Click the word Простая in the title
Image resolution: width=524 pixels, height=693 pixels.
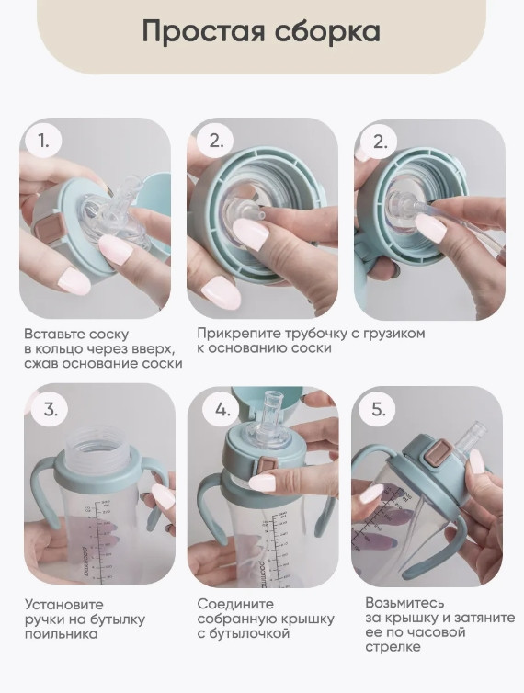click(x=202, y=32)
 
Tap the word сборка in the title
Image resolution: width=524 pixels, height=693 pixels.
click(x=327, y=31)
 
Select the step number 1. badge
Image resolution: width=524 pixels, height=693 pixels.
click(x=43, y=141)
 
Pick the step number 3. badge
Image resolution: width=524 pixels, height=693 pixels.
click(x=51, y=410)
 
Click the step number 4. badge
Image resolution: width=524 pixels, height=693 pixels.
click(x=222, y=410)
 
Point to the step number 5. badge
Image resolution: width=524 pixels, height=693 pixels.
click(x=378, y=410)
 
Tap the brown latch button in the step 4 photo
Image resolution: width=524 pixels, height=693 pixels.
click(x=267, y=466)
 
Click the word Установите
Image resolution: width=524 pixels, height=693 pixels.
click(x=63, y=604)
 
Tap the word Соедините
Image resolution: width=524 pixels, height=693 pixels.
click(x=235, y=604)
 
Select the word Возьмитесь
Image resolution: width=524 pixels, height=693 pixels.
click(x=404, y=602)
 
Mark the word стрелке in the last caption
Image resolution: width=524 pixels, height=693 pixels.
click(x=393, y=647)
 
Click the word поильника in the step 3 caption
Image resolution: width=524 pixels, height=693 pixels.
click(x=61, y=634)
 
